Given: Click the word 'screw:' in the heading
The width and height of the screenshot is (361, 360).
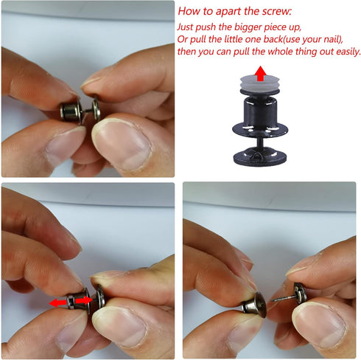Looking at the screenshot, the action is pos(276,11).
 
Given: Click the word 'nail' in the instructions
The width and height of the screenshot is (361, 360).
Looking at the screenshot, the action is pos(333,39).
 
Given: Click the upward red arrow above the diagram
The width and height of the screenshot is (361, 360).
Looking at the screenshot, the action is pos(260,73).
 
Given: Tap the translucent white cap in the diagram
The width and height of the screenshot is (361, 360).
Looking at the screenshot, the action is pos(260,83).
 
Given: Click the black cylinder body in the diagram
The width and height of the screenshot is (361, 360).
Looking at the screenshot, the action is pos(260,110).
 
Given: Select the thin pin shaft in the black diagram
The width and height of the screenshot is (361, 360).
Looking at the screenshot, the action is pos(260,142).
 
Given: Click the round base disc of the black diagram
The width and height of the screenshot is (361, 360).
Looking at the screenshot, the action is pos(260,156).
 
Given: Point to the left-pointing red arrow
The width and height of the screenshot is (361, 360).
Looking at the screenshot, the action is pos(58,302).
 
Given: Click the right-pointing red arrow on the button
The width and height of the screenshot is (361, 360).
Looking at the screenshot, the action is pos(84,300).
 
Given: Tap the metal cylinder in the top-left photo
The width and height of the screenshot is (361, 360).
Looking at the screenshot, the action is pos(71,111).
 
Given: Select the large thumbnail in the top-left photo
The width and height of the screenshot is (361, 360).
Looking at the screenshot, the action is pos(122,145).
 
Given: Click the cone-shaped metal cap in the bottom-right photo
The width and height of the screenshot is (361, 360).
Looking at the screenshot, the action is pos(255,305).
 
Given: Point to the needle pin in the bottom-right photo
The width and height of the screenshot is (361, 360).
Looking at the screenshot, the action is pos(283,299).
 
